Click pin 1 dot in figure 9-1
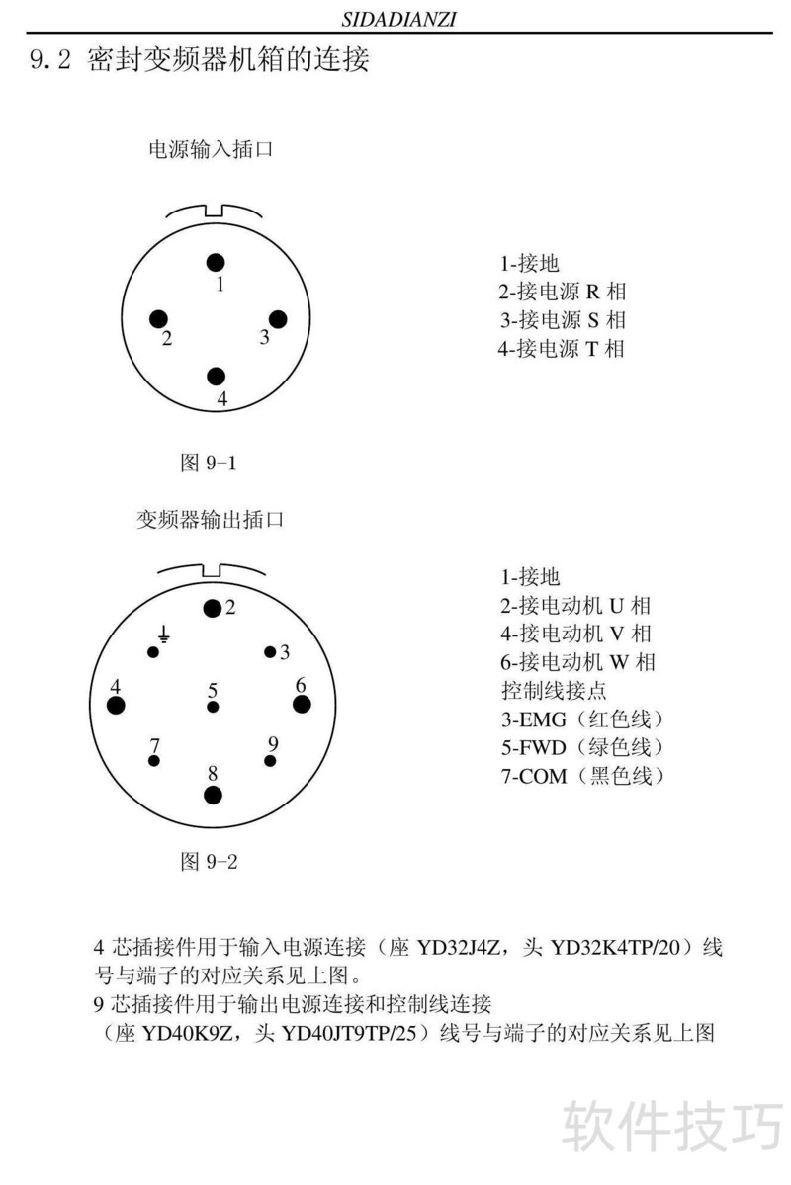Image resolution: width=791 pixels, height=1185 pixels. (x=216, y=262)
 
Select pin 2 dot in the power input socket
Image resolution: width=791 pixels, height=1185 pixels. (x=158, y=318)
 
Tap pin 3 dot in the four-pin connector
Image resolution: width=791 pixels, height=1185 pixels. (x=277, y=318)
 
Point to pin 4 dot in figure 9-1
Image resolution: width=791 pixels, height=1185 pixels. (x=217, y=377)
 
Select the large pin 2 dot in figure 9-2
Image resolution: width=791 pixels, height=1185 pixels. (x=212, y=608)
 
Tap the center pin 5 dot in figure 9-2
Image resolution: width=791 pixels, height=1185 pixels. (x=213, y=707)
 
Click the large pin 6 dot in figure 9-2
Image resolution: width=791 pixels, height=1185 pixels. (x=302, y=704)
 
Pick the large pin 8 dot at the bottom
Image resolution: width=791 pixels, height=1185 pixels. (x=213, y=794)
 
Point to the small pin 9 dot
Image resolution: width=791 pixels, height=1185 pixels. (x=269, y=761)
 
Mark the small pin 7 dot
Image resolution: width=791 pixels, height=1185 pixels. (x=153, y=761)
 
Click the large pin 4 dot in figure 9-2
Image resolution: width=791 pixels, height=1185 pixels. (x=117, y=705)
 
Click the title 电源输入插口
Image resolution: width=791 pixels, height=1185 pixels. (x=210, y=150)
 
